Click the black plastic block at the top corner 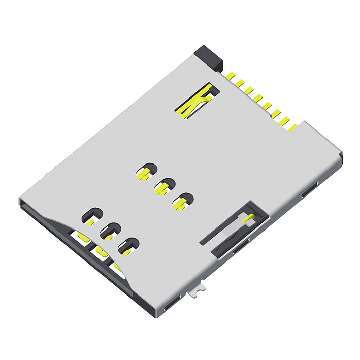coord(209,55)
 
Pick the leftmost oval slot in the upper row coord(146,172)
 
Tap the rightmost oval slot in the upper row coord(182,200)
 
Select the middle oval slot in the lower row coord(110,231)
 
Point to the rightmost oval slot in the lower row coord(128,246)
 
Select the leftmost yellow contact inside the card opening coord(80,236)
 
